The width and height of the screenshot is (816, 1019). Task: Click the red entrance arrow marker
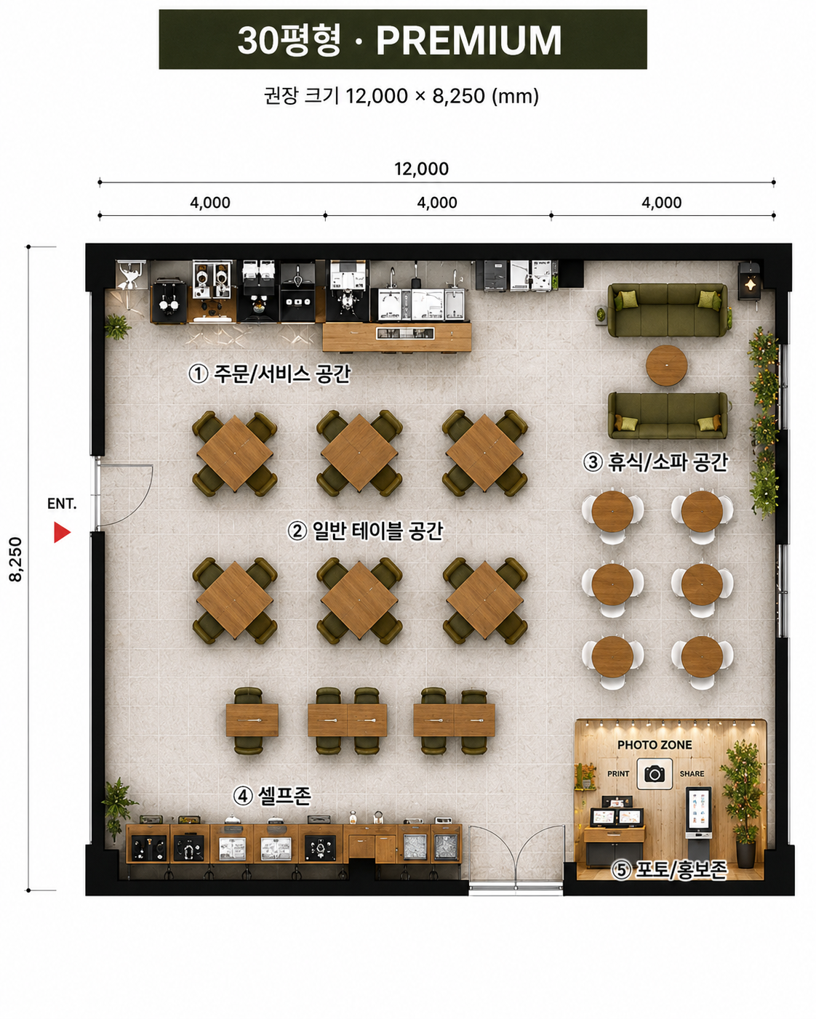(x=62, y=532)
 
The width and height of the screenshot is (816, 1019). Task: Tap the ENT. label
(x=62, y=504)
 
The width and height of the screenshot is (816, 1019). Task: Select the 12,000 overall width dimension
(x=421, y=169)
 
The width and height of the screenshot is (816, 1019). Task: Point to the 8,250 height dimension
(x=16, y=559)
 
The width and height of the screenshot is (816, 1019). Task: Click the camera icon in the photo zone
(x=655, y=774)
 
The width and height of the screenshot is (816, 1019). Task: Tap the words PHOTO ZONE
(x=655, y=745)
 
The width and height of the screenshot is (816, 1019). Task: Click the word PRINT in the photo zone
(x=618, y=774)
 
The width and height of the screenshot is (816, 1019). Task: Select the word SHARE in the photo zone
(x=692, y=774)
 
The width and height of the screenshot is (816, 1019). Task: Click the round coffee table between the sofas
(x=666, y=365)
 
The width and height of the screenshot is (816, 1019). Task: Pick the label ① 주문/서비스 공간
(x=269, y=374)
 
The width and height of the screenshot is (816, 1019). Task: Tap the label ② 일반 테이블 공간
(x=365, y=531)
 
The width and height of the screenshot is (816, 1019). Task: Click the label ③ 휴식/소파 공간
(x=655, y=462)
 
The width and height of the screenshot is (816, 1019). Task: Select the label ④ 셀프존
(x=272, y=795)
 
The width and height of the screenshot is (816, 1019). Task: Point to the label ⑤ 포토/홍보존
(x=668, y=870)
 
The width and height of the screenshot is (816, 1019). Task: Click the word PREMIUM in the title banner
(x=468, y=40)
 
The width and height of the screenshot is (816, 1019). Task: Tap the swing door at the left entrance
(x=124, y=495)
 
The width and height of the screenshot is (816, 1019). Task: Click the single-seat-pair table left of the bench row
(x=251, y=720)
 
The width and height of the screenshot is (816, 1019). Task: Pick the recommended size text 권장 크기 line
(x=401, y=96)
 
